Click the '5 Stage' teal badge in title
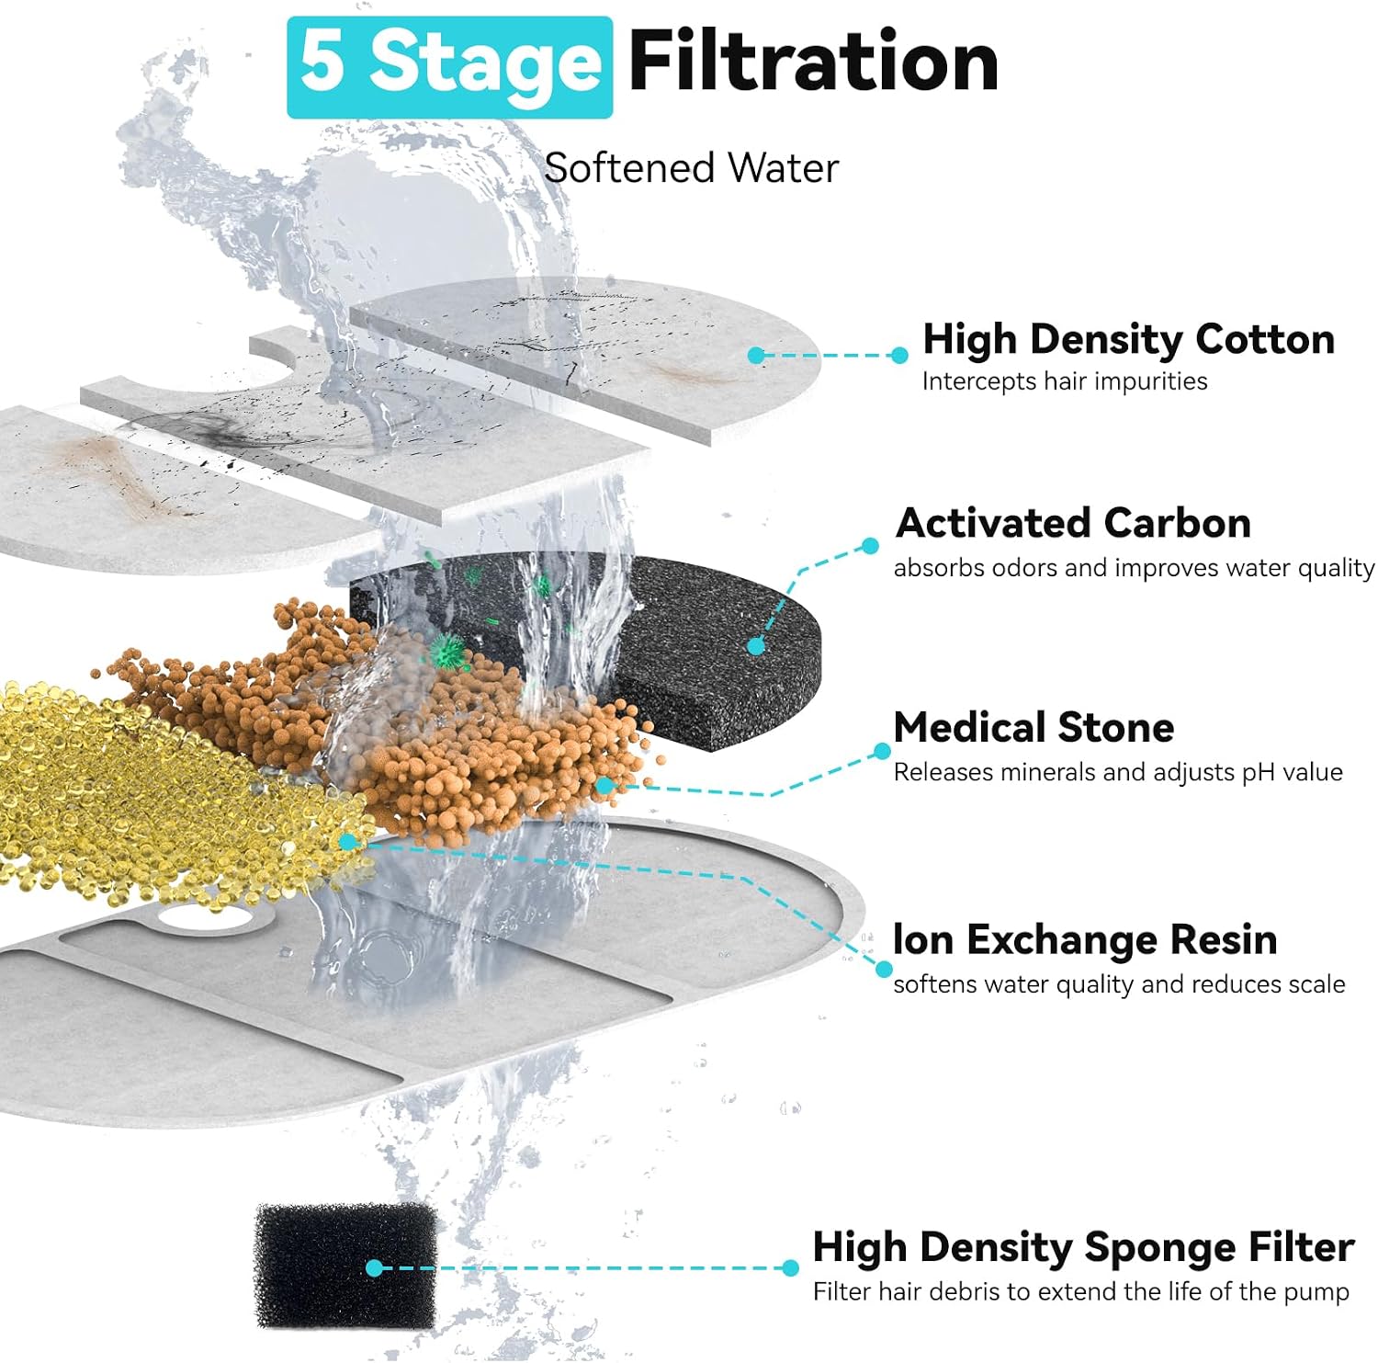point(449,67)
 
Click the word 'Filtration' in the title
point(813,62)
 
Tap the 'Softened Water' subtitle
point(691,168)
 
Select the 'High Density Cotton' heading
point(1128,339)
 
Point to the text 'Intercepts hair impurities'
point(1065,381)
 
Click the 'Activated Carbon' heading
point(1073,522)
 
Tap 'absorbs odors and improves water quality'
point(1134,568)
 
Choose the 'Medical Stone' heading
point(1033,727)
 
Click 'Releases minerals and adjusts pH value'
point(1118,772)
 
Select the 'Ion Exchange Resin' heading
point(1085,939)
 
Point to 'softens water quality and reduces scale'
point(1119,984)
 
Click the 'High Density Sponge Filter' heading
point(1083,1247)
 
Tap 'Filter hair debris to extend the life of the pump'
point(1080,1291)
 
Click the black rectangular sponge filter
point(346,1266)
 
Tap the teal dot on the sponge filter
point(374,1268)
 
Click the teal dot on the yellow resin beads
point(347,841)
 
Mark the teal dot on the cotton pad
point(756,356)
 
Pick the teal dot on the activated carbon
point(756,646)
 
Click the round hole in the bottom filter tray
point(204,915)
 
